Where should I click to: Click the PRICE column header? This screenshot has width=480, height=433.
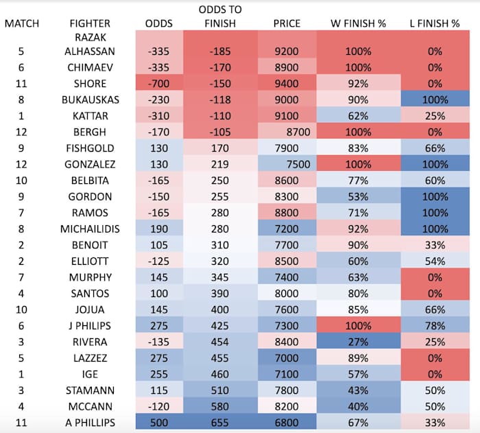(x=287, y=23)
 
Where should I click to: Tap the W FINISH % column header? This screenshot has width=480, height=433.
(x=358, y=23)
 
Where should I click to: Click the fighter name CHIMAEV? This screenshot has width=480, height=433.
(x=88, y=67)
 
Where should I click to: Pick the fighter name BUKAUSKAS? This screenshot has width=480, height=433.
(x=88, y=100)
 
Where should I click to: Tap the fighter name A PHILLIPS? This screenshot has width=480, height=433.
(x=88, y=422)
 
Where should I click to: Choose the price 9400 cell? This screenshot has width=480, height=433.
(x=287, y=84)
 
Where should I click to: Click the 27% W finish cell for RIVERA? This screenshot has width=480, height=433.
(x=358, y=342)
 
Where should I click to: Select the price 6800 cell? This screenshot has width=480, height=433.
(x=287, y=422)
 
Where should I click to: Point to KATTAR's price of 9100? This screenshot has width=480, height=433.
(x=287, y=116)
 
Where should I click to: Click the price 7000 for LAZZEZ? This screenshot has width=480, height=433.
(x=287, y=358)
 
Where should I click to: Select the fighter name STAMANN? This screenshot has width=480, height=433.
(x=88, y=390)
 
